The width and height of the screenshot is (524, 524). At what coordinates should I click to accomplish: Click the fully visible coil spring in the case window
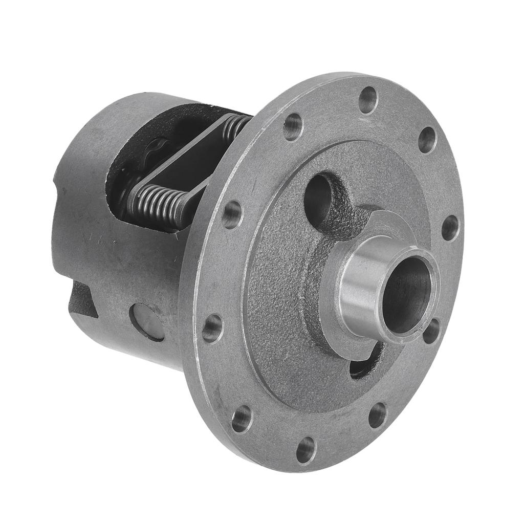[x=156, y=202]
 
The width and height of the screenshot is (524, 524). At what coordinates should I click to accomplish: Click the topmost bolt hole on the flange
[x=368, y=100]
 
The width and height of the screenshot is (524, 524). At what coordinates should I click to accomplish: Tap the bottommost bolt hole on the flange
[x=306, y=450]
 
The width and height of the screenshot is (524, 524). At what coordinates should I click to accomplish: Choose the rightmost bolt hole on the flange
[x=451, y=228]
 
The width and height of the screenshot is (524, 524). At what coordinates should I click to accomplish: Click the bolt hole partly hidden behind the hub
[x=431, y=332]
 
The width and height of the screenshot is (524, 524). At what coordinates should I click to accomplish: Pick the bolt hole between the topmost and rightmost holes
[x=427, y=140]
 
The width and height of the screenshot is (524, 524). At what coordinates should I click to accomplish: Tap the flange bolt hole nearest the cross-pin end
[x=212, y=328]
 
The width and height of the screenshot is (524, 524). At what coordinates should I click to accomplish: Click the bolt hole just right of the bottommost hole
[x=378, y=415]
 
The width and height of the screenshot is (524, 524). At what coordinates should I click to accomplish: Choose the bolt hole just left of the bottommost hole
[x=242, y=419]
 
